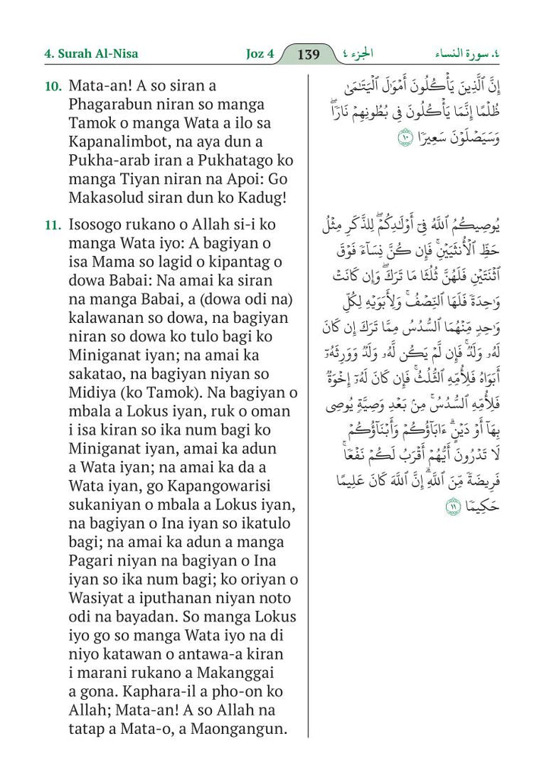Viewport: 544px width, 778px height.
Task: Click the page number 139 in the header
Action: pyautogui.click(x=309, y=55)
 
